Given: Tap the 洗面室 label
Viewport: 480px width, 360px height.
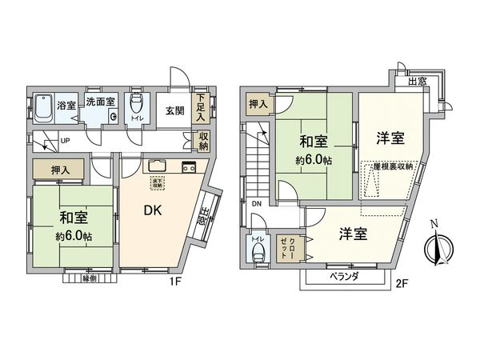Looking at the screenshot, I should coord(101,102).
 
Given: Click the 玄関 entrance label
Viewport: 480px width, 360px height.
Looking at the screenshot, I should coord(175,111).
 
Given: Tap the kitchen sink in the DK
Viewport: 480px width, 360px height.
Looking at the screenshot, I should coord(157,166).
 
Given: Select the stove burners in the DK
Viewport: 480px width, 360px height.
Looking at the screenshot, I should coord(189,167).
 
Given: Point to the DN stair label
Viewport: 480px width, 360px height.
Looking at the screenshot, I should coord(256,204).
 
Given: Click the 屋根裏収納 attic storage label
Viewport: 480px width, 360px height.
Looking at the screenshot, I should coord(393,166).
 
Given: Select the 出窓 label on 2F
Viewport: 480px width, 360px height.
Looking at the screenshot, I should coord(416,81).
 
